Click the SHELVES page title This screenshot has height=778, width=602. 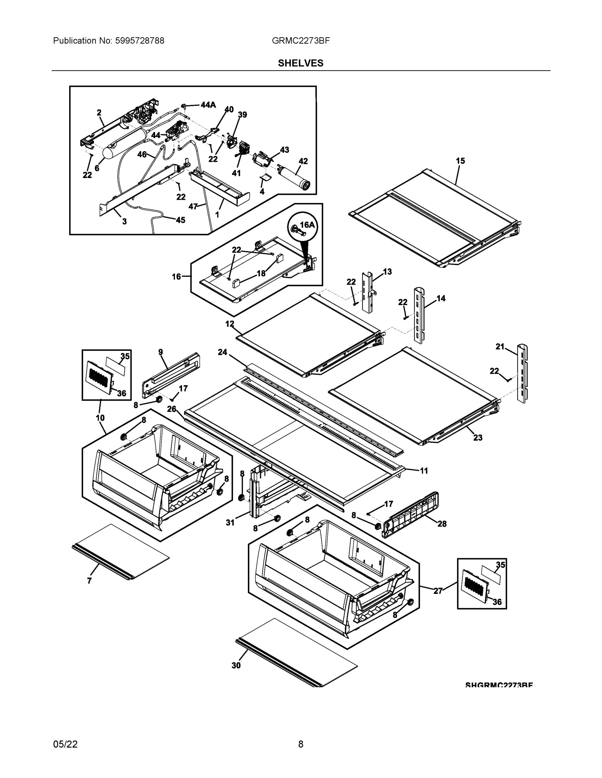pos(300,63)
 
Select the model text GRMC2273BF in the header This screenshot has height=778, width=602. pos(300,41)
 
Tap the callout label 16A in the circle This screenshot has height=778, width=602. pos(307,224)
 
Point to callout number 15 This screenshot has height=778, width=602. pos(460,161)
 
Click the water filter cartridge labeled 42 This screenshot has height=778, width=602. pos(294,177)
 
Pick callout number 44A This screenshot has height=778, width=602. pos(208,105)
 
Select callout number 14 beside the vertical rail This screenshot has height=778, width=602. pos(441,298)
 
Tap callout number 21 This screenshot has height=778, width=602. pos(500,346)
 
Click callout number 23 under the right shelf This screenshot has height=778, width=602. pos(477,437)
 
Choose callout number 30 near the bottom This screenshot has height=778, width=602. pos(236,665)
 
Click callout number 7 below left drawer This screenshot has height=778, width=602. pos(89,581)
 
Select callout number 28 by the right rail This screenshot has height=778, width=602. pos(442,524)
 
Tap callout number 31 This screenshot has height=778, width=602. pos(230,523)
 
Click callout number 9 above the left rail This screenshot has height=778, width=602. pos(161,352)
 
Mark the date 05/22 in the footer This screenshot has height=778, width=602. pos(65,744)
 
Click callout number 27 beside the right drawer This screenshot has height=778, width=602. pos(438,591)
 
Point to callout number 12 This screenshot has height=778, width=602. pos(230,324)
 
